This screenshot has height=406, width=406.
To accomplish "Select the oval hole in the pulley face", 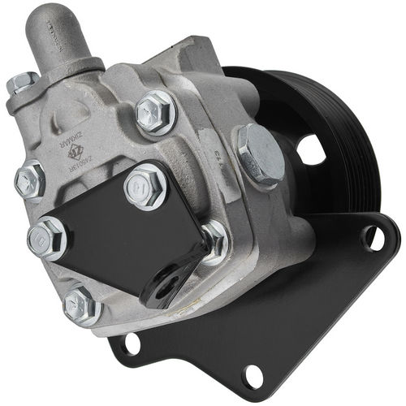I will point(311,149).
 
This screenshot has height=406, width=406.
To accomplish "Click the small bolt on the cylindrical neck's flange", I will point(22,83).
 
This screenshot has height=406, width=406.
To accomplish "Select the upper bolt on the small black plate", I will point(146,185).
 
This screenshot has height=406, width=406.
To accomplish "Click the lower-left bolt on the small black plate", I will point(47,238).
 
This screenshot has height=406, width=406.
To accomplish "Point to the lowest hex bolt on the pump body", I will point(82,304).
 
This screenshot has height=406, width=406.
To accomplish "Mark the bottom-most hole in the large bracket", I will point(253,374).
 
